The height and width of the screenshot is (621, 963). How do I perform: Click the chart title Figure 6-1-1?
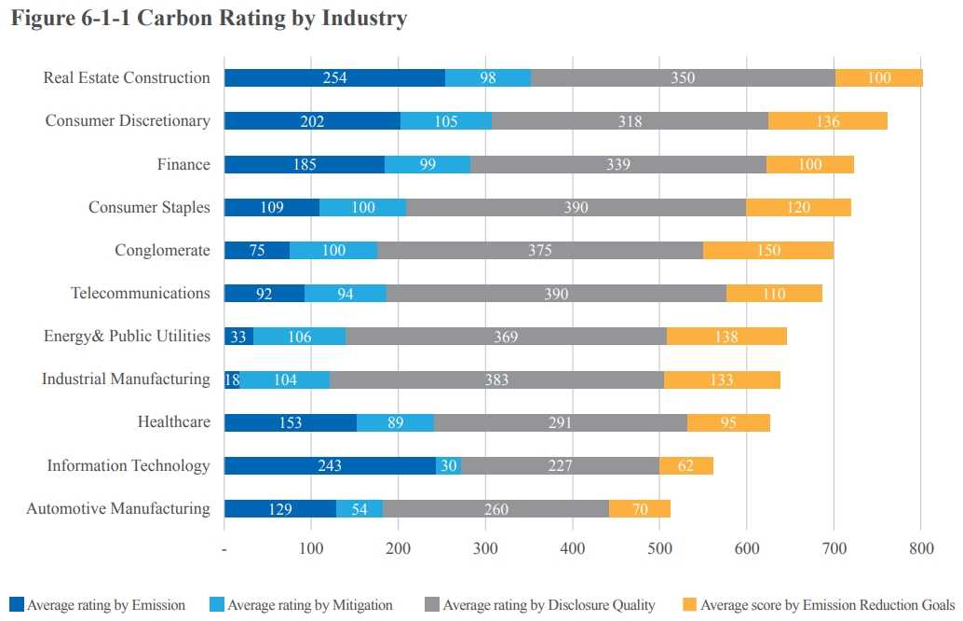209,18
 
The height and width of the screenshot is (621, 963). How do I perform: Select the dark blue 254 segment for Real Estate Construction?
334,77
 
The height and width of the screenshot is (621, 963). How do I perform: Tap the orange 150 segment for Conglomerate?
768,250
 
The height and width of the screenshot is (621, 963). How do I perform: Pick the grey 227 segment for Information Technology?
560,465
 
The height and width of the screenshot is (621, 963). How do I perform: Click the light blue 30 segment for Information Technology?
449,465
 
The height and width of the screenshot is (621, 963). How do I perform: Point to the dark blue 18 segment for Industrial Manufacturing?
232,379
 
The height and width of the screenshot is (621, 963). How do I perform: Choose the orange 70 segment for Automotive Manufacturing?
639,508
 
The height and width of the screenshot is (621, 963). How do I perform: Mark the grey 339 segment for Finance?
617,164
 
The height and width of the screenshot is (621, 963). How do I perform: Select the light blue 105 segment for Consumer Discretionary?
446,121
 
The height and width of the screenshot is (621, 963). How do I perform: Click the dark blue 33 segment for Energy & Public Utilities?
238,337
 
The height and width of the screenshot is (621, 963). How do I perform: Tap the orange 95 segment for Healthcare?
728,422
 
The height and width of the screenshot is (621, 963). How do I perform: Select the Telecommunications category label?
141,294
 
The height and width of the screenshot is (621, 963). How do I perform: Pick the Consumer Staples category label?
149,207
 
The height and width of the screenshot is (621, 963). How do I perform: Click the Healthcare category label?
174,422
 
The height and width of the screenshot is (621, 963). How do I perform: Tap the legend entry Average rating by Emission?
105,605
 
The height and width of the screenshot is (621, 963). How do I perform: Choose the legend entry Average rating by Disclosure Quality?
549,605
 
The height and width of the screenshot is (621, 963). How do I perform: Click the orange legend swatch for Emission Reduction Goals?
690,604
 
